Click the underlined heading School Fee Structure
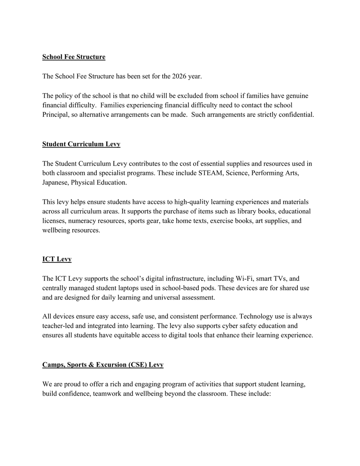coord(74,57)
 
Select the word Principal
coord(54,115)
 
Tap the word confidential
coord(297,115)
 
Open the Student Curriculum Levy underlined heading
coord(81,144)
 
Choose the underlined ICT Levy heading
coord(57,259)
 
